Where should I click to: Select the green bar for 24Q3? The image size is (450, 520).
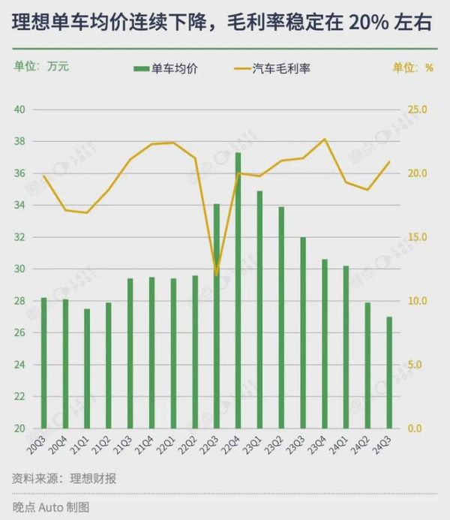389,372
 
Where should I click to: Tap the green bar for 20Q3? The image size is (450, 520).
43,363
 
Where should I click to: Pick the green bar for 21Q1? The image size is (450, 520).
87,368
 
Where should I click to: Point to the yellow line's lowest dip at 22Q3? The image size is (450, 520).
217,275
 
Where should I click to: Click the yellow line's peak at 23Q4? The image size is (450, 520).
325,139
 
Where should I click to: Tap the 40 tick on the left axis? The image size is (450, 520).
20,110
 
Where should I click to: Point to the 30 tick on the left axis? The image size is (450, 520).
20,269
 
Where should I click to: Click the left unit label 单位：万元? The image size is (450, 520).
41,66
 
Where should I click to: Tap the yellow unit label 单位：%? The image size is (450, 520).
413,67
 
